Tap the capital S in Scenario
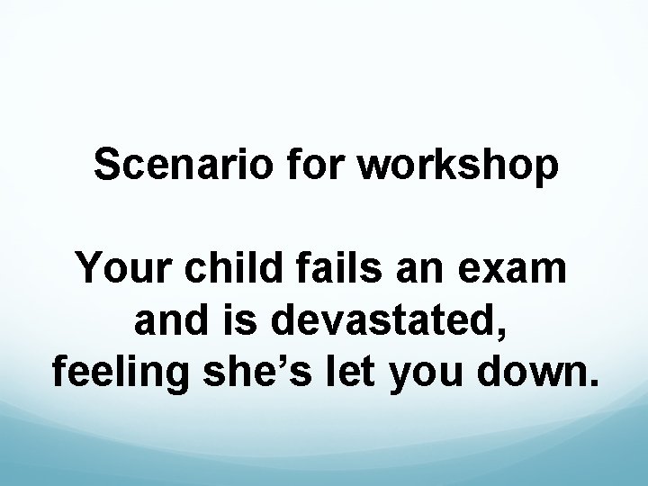coord(107,166)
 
